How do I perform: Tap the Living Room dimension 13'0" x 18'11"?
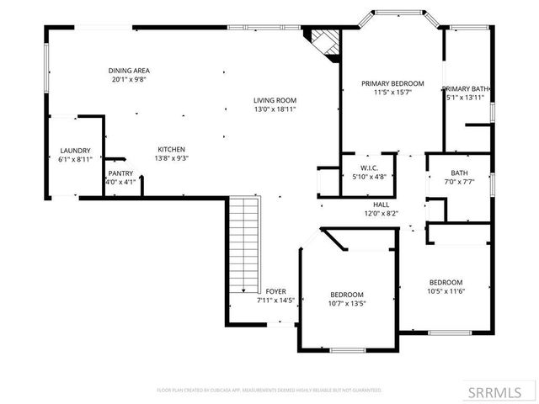pos(275,109)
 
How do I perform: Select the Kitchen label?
pos(172,149)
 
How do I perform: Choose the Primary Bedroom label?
pos(392,84)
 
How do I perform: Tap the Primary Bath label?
pos(466,88)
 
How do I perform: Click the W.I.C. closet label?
pos(367,168)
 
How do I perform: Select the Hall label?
pos(381,205)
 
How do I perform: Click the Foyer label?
pos(275,291)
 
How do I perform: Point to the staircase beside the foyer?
pos(244,252)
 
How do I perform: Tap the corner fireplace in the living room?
pos(323,42)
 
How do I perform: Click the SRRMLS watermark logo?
pos(502,392)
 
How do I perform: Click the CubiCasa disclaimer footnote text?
pos(269,391)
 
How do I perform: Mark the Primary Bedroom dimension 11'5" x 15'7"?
pos(392,93)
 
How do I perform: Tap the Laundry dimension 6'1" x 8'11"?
pos(75,158)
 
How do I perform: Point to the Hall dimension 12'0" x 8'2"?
pos(381,213)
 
